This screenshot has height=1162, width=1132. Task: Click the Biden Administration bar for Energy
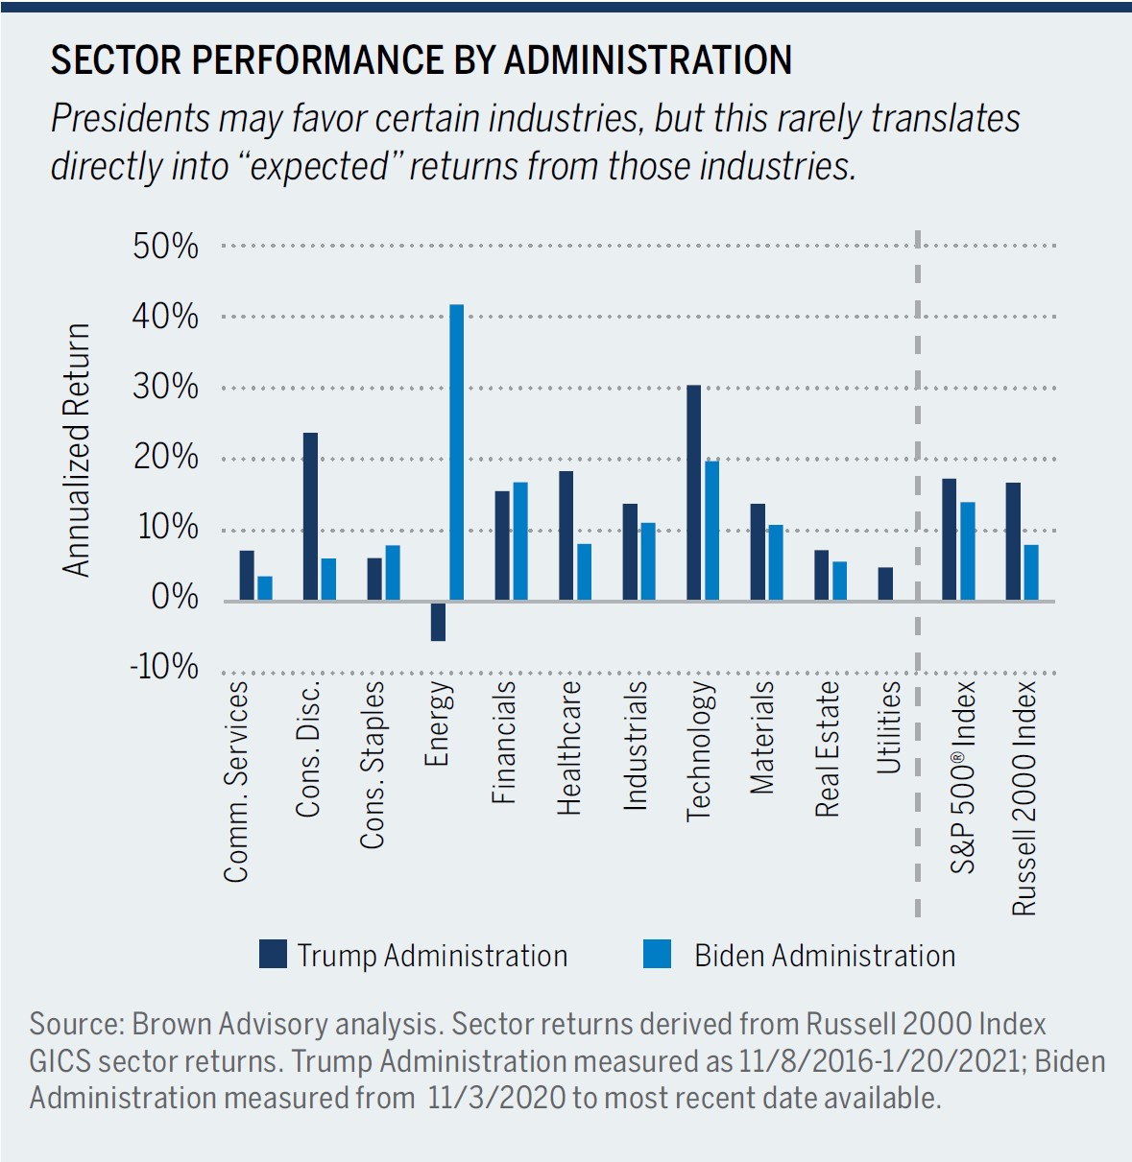(457, 452)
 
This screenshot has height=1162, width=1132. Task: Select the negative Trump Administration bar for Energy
(438, 621)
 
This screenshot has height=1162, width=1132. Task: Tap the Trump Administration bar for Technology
(693, 492)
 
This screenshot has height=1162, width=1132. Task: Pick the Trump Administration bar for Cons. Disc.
(310, 516)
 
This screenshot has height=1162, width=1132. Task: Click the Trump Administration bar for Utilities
(885, 583)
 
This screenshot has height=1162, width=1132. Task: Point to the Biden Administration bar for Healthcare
(584, 572)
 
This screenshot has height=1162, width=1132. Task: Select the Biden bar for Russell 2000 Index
(1031, 572)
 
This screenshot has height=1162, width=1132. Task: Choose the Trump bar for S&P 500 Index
(949, 539)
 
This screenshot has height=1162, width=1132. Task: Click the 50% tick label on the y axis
(166, 247)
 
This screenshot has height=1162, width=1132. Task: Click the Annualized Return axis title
(77, 450)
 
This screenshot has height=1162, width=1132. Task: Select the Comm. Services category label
(236, 781)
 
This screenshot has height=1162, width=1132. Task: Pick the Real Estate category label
(827, 749)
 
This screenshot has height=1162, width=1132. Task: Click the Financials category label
(504, 742)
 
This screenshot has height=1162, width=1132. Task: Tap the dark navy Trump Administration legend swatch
(274, 954)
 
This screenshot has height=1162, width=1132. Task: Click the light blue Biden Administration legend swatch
(658, 954)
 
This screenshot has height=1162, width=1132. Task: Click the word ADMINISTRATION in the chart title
(648, 60)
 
